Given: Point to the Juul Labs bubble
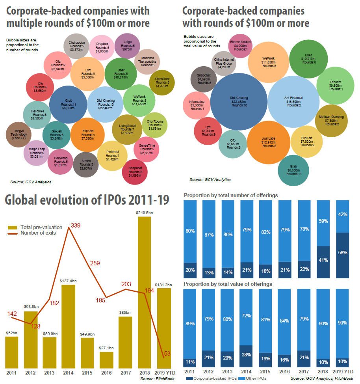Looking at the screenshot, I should tap(269, 142).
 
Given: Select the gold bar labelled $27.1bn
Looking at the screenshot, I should tap(106, 360).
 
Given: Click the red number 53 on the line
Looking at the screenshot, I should tap(167, 354).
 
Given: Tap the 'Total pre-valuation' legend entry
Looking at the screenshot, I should tap(41, 227).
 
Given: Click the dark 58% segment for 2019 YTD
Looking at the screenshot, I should tap(343, 252).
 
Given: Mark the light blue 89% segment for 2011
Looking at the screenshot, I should tap(190, 323).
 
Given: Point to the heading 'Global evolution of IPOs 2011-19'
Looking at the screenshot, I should tap(87, 200).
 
